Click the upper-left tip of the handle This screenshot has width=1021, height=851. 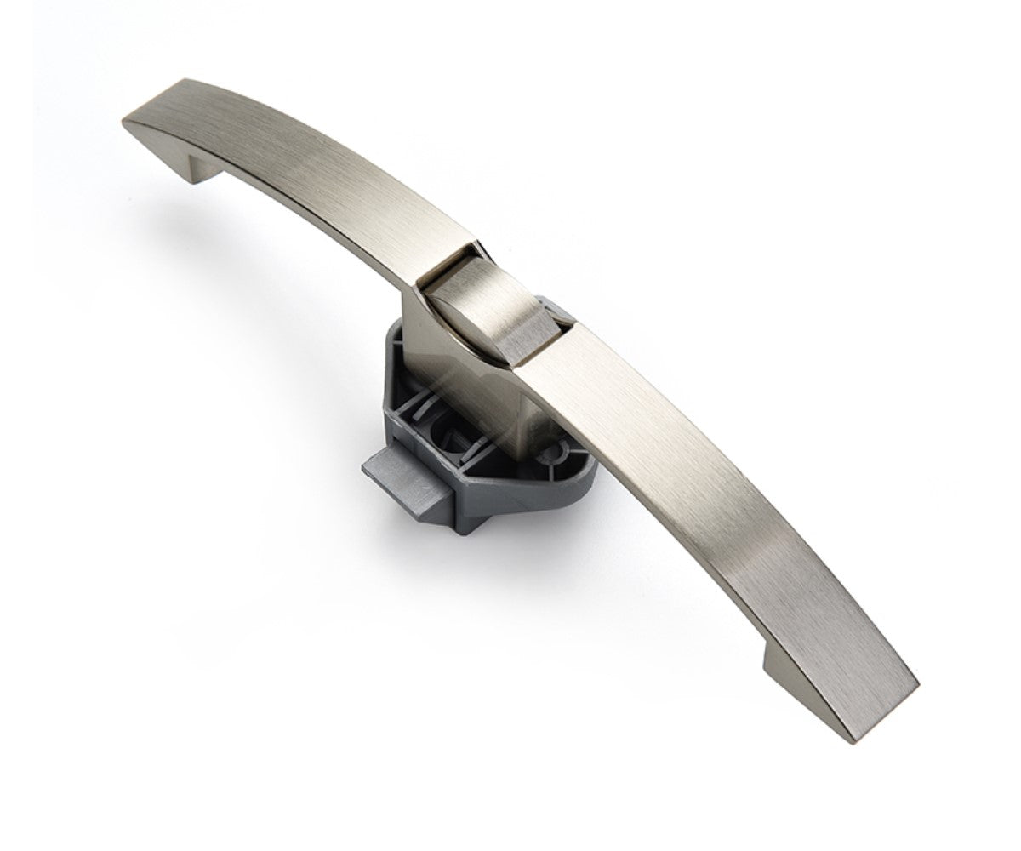tap(129, 123)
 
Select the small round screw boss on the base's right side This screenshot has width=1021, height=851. tap(561, 446)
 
